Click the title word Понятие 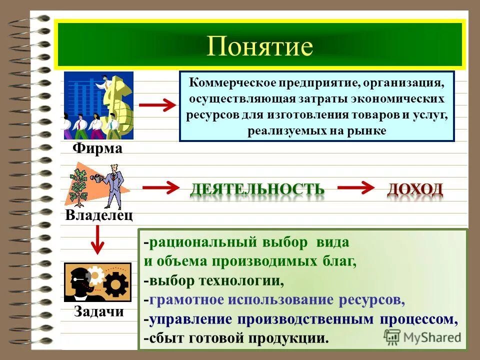coord(259,46)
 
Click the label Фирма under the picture coord(97,148)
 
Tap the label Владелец coord(99,215)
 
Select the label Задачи coord(99,311)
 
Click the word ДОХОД coord(415,189)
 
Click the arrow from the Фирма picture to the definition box coord(157,105)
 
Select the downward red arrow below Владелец coord(98,239)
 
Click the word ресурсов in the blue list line coord(370,300)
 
